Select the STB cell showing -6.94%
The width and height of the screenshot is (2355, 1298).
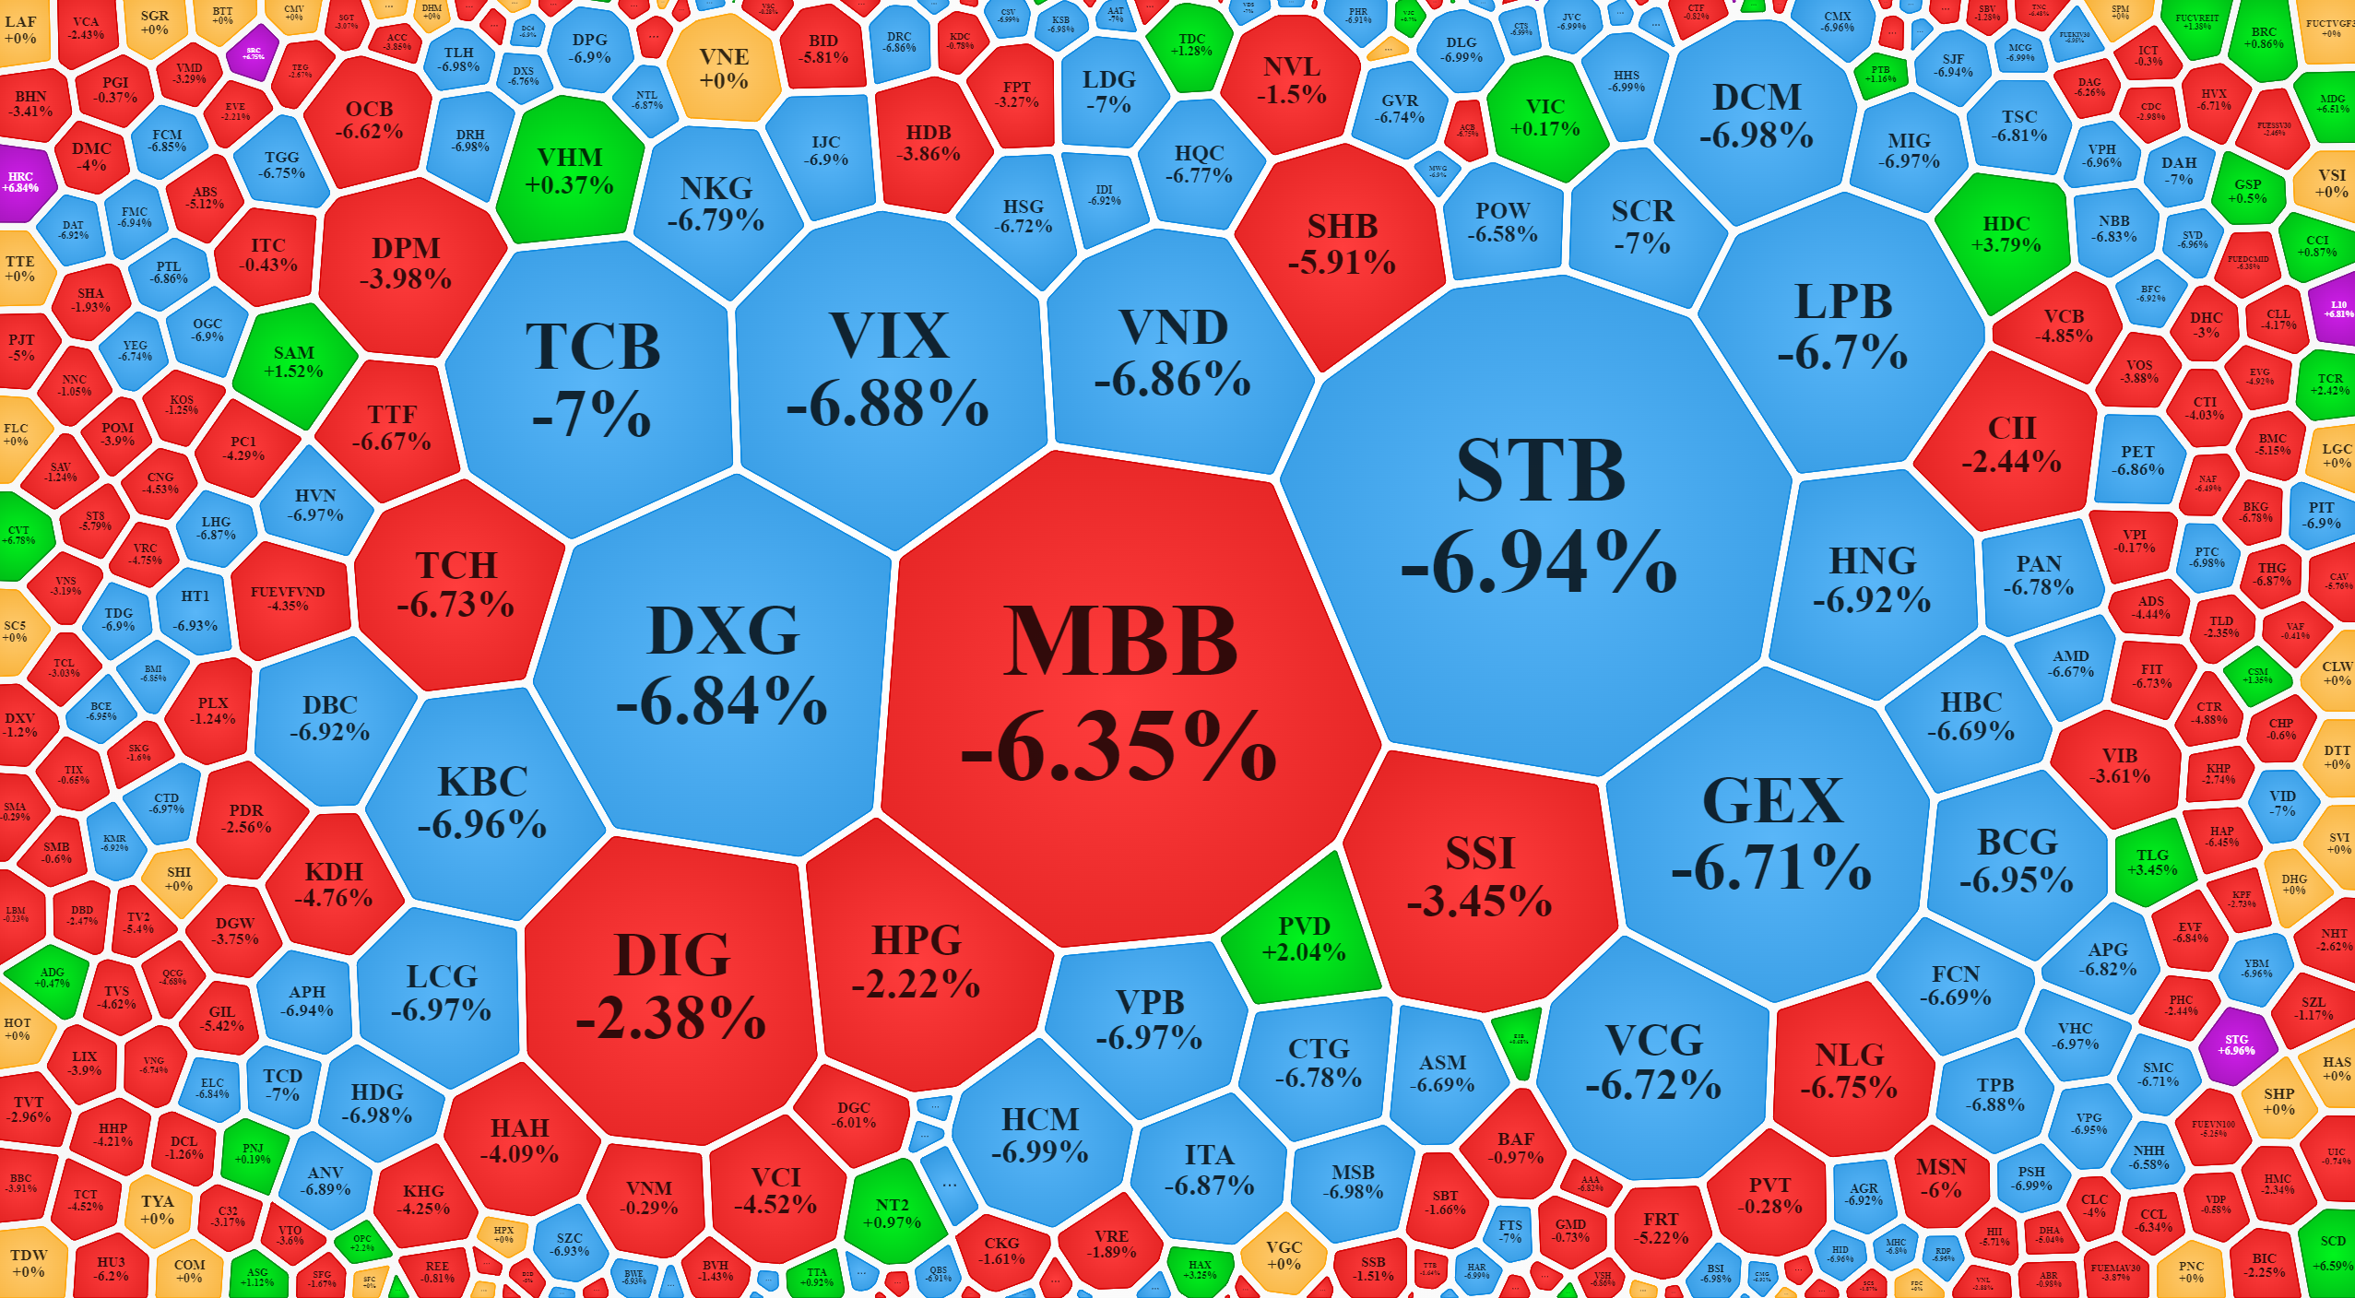pos(1538,516)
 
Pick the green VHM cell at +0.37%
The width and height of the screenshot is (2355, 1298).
pos(569,172)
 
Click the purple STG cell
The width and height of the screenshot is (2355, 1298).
pos(2237,1044)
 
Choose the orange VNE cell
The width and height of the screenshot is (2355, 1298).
pos(723,68)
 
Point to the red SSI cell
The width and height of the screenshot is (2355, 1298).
pos(1478,876)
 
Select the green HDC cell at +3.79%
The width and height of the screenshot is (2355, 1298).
pos(2006,233)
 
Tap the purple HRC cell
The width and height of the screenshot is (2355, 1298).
pos(21,182)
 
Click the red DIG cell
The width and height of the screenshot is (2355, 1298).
pos(671,986)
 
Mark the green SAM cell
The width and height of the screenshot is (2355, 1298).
pos(293,361)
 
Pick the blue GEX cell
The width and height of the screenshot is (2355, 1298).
pos(1770,830)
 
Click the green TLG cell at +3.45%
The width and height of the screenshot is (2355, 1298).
pos(2152,862)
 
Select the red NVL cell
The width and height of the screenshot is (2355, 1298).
pos(1291,80)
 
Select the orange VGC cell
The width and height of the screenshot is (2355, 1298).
pos(1284,1254)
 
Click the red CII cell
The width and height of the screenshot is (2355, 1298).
pos(2010,442)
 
